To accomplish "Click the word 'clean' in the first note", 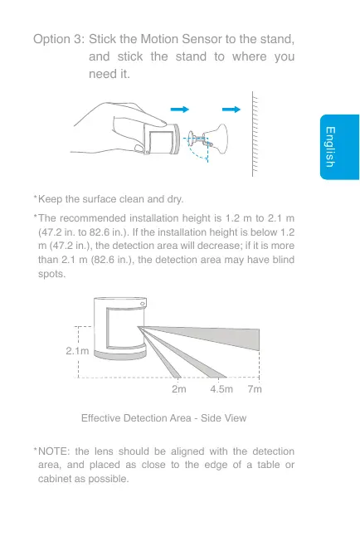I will pos(135,200).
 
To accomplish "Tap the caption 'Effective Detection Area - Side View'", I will pos(163,417).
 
